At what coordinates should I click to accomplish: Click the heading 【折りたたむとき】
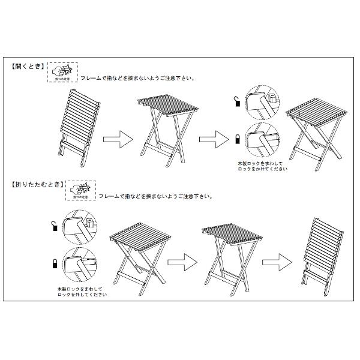[36, 185]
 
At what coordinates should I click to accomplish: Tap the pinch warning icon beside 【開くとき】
[63, 71]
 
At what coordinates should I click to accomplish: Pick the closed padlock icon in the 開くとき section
[238, 139]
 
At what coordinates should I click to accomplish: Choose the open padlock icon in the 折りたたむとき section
[54, 226]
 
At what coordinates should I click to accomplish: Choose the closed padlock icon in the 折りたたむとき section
[54, 263]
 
